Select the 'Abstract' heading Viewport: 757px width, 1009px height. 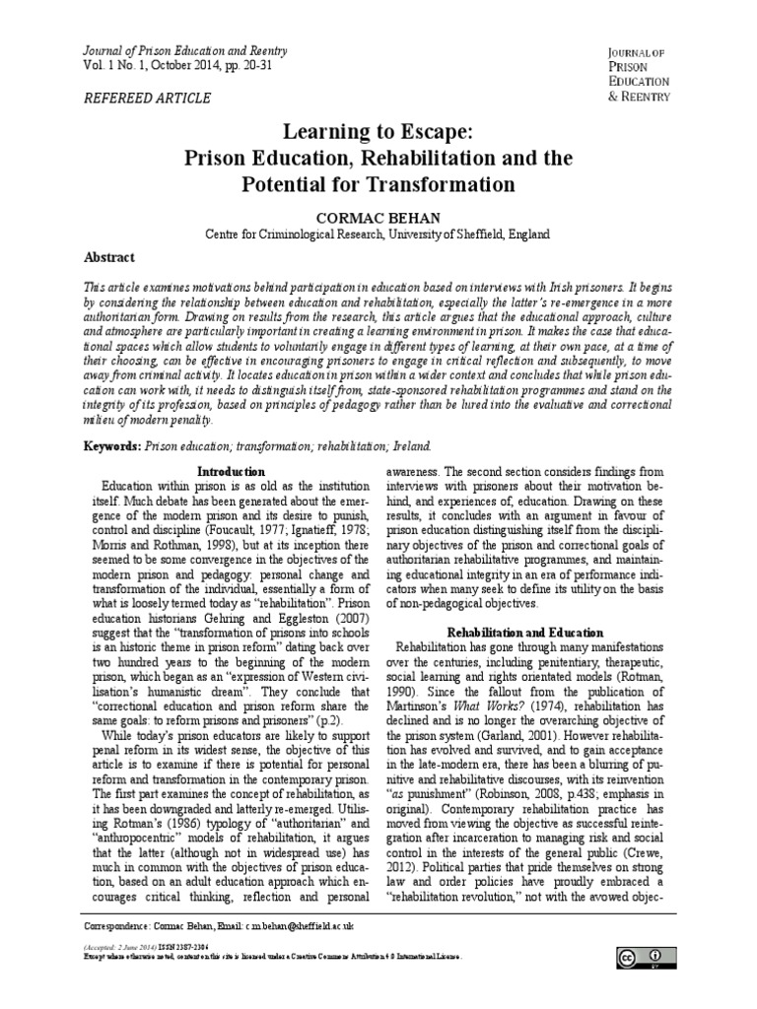click(110, 257)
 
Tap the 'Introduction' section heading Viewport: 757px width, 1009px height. click(232, 472)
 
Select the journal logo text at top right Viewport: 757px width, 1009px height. click(639, 74)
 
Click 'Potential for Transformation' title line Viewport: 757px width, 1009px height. click(378, 184)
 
